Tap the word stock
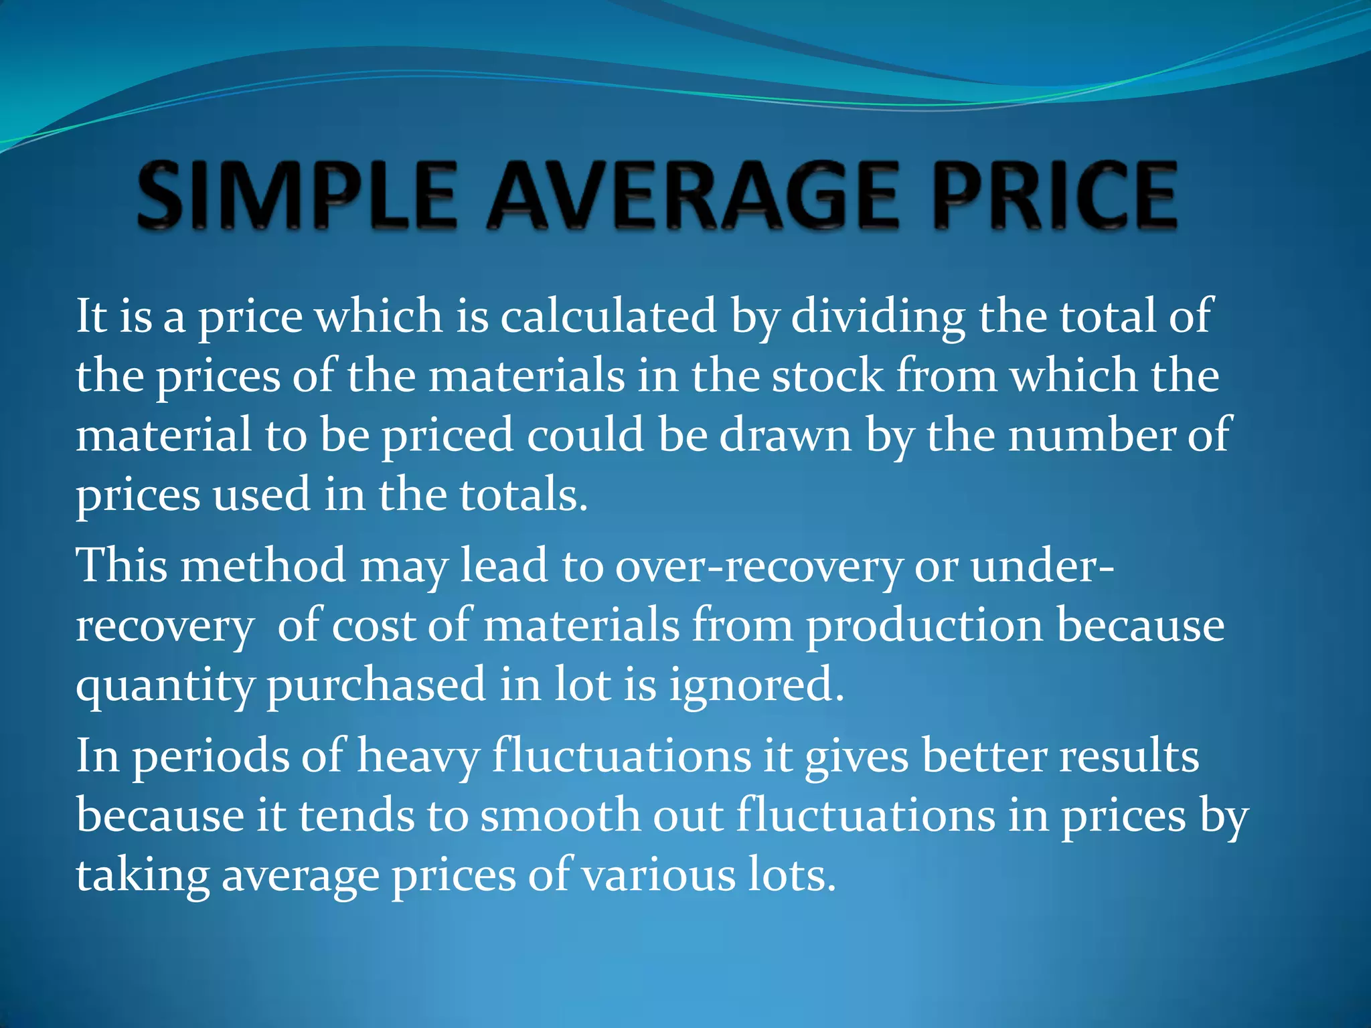point(827,375)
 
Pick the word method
point(263,566)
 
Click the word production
point(924,626)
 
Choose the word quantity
point(165,686)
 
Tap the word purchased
point(376,686)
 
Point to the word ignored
point(756,686)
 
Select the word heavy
point(418,757)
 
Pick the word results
point(1129,756)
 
